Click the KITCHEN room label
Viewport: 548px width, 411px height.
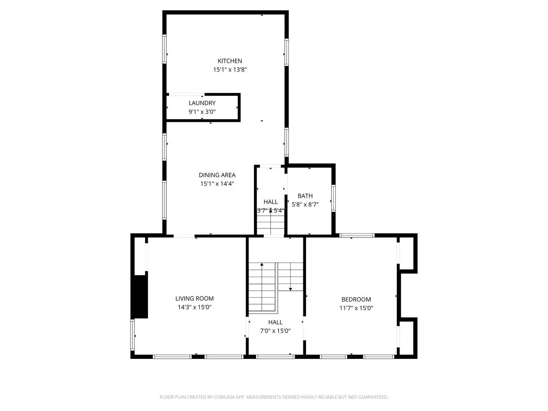(230, 61)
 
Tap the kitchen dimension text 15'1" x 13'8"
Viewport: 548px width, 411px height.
(230, 70)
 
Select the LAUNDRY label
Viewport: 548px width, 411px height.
(202, 103)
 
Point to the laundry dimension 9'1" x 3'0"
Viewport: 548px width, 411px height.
(202, 112)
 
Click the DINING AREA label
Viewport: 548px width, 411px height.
(217, 175)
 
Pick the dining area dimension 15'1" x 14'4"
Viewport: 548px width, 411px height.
(217, 184)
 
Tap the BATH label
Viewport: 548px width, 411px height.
(305, 196)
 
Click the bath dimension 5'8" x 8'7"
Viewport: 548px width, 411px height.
(305, 204)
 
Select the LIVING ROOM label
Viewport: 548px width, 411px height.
(194, 299)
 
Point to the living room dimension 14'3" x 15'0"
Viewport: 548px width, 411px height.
(194, 307)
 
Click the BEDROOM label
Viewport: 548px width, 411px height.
(356, 299)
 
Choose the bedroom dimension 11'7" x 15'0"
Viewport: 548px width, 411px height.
(356, 308)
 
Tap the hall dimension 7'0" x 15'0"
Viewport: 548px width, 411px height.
(275, 331)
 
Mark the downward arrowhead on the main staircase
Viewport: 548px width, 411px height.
(290, 289)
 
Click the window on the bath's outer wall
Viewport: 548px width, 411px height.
(333, 198)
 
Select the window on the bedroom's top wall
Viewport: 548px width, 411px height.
(357, 235)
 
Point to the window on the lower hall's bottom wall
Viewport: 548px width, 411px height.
(275, 357)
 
